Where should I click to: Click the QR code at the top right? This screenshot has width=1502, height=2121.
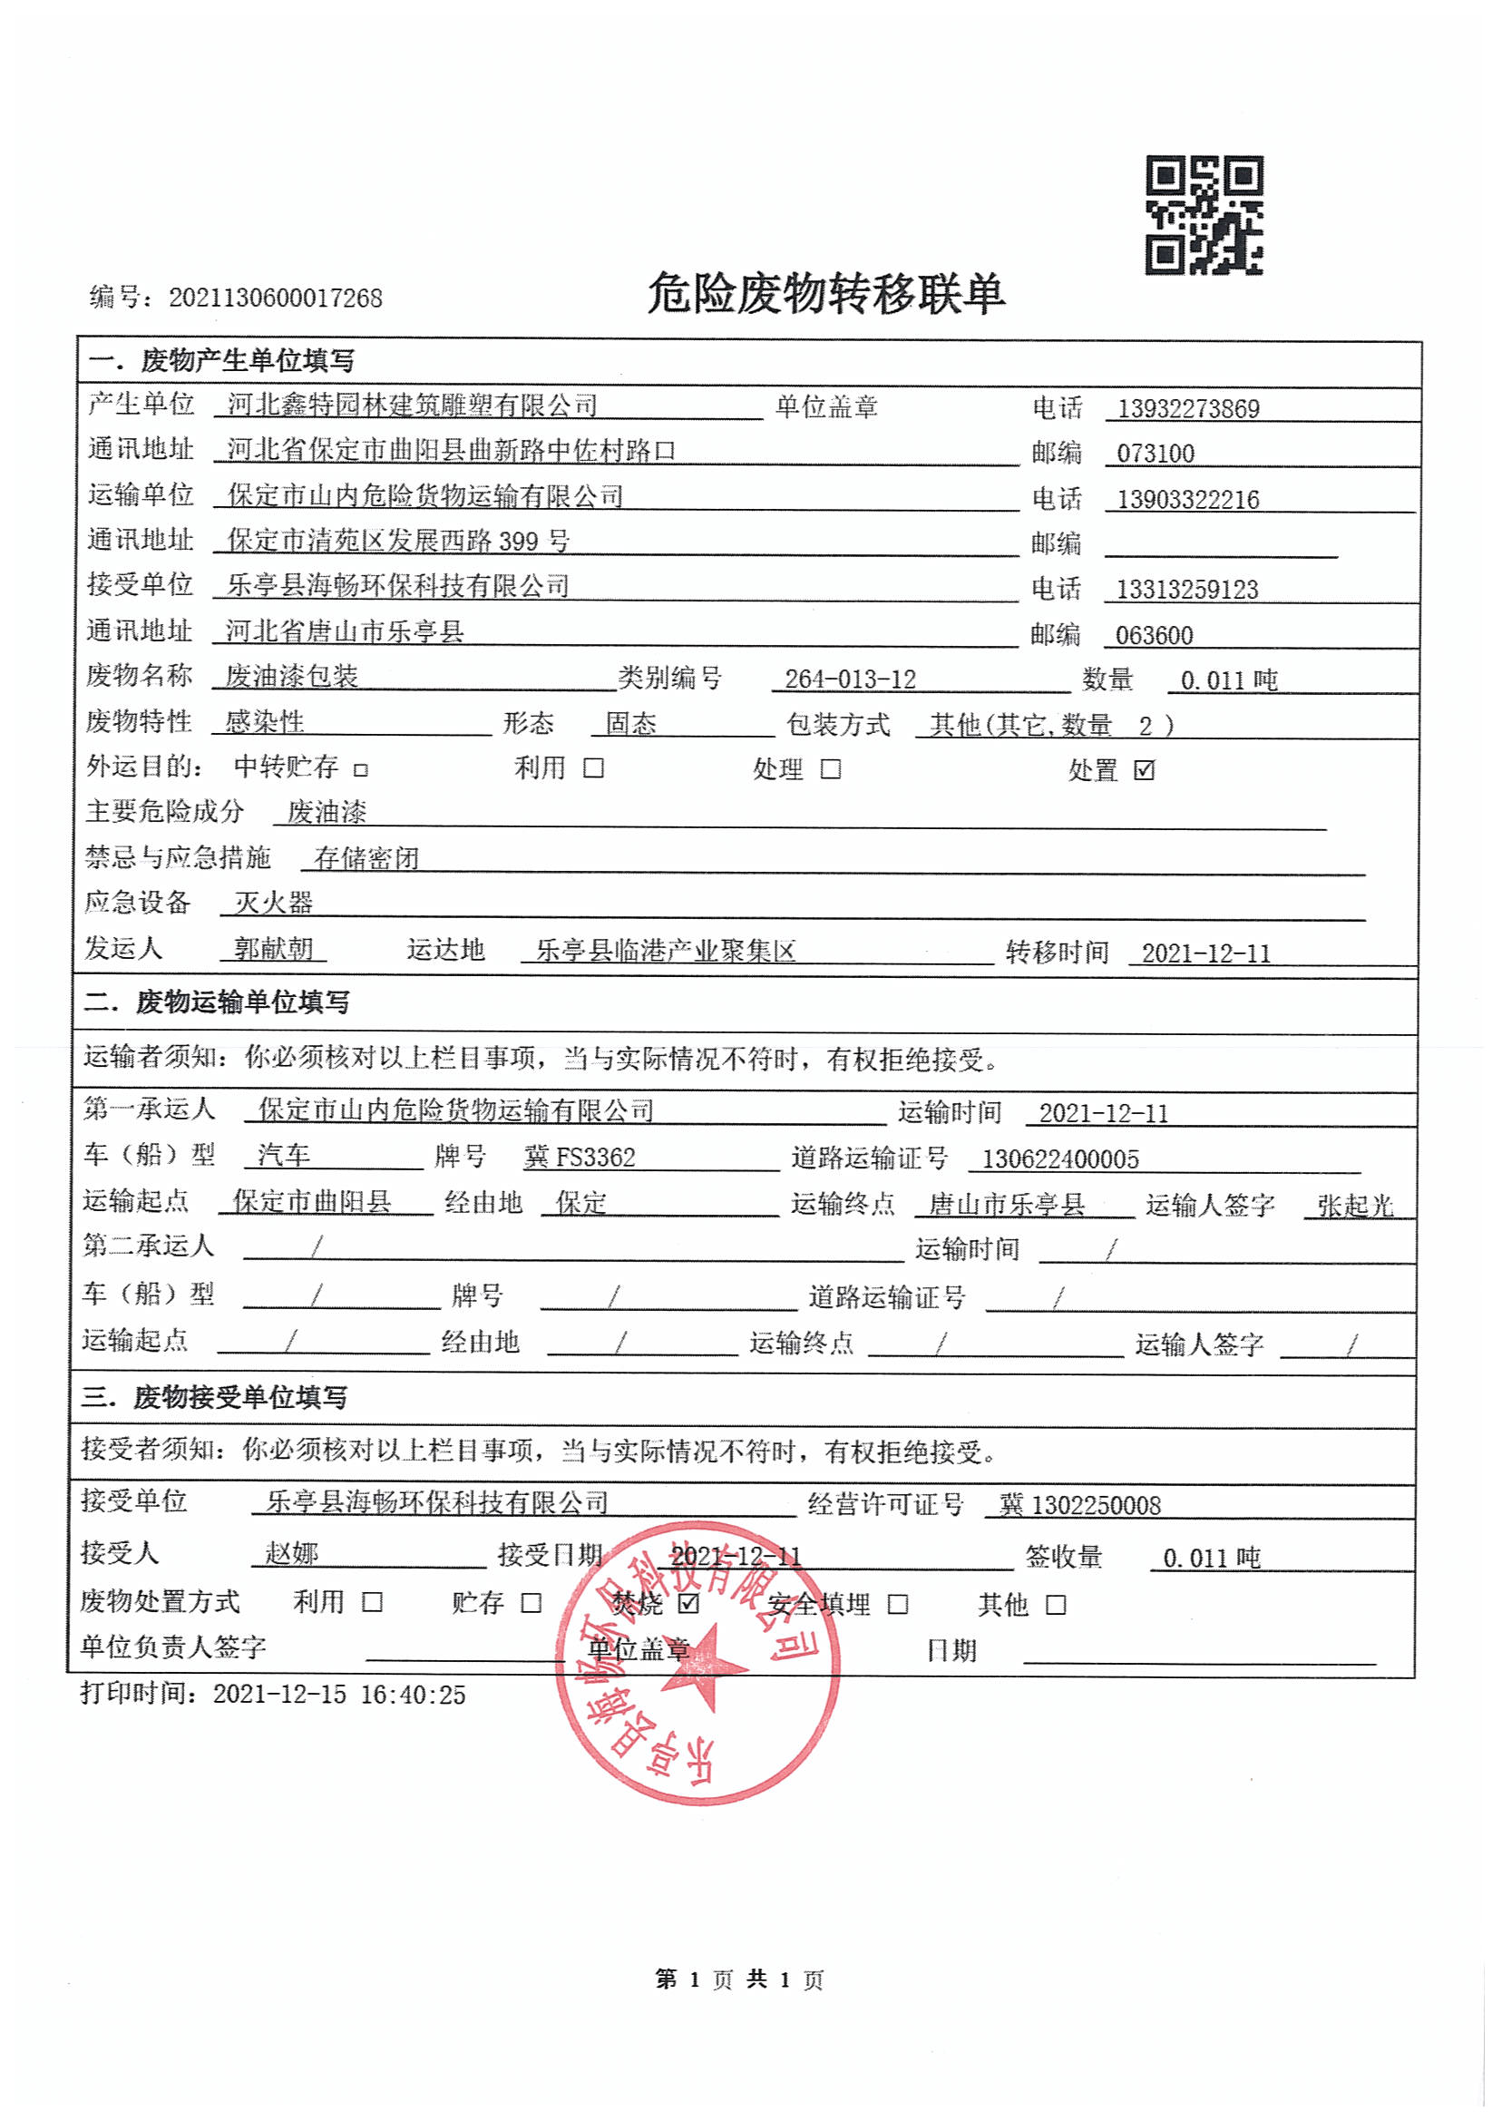tap(1205, 216)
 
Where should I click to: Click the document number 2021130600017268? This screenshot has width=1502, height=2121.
tap(275, 298)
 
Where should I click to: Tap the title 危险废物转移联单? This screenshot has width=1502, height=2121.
tap(825, 293)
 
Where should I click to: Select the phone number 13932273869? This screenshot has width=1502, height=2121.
tap(1187, 409)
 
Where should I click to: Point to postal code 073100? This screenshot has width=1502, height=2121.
tap(1156, 454)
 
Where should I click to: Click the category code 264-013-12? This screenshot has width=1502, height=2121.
tap(850, 679)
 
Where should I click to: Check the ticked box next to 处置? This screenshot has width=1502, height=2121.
tap(1144, 769)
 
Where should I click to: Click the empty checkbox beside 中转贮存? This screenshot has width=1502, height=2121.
tap(362, 769)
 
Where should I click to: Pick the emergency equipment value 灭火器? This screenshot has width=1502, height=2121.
tap(274, 902)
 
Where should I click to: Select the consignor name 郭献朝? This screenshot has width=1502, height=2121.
tap(274, 948)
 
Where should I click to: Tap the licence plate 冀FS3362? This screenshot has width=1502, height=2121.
tap(580, 1158)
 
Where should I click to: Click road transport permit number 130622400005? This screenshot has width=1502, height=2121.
tap(1060, 1159)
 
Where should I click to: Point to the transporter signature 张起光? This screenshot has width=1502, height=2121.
tap(1355, 1206)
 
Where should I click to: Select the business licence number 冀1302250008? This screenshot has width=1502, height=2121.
tap(1079, 1505)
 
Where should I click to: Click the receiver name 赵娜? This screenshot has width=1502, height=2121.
tap(291, 1553)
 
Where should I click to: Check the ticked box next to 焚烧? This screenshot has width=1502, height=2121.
tap(688, 1603)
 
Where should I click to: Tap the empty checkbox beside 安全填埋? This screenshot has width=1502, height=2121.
tap(897, 1604)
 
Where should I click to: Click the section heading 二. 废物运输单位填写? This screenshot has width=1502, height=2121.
tap(217, 1002)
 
